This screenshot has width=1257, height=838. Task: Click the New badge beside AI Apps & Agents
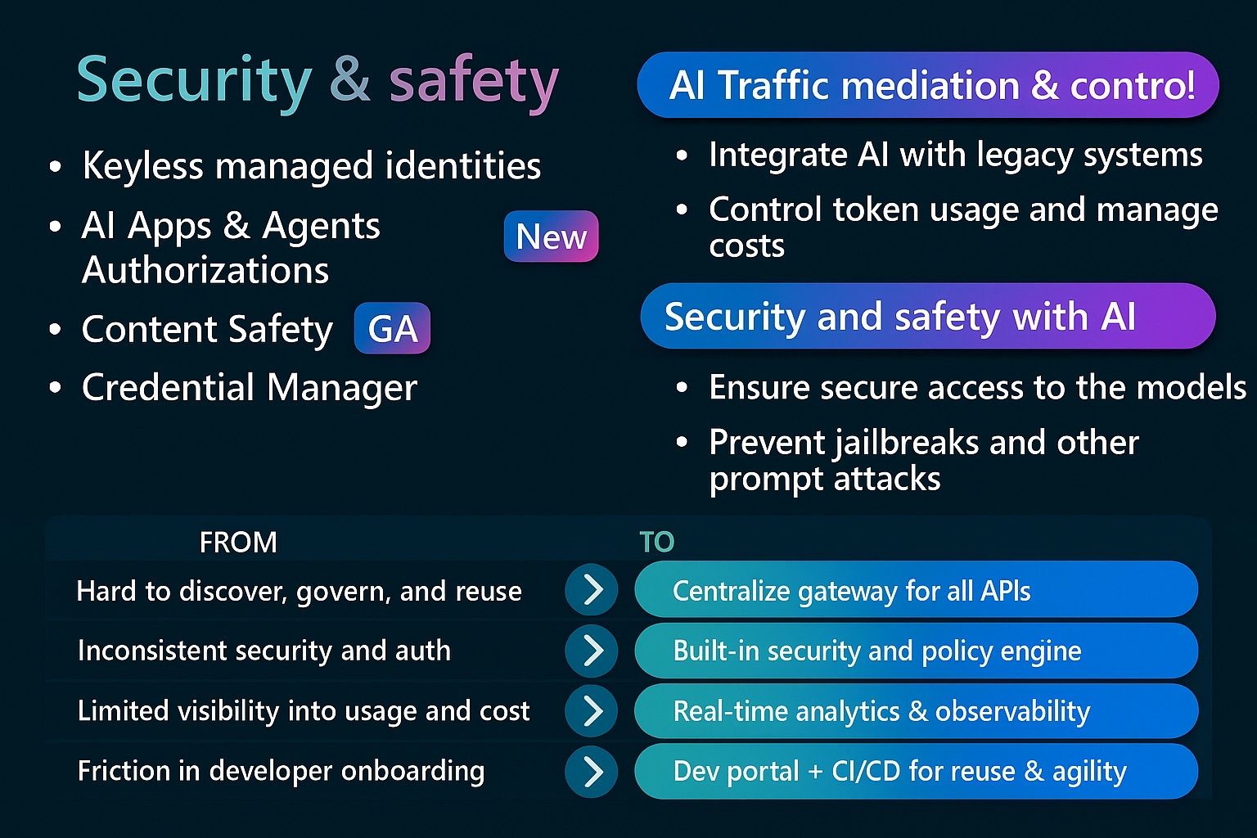(x=551, y=236)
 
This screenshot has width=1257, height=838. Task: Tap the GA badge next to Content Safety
(x=392, y=328)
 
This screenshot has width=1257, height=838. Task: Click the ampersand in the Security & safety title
(x=350, y=79)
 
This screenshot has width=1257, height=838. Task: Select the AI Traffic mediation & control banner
(x=928, y=85)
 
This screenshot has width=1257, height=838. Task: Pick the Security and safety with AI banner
(x=928, y=315)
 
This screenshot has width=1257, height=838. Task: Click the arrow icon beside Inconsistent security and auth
(x=592, y=651)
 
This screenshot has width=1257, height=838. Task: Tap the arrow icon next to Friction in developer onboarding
(x=592, y=771)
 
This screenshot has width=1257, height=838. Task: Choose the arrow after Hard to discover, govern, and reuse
(x=592, y=590)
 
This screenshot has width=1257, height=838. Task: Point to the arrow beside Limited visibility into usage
(x=592, y=711)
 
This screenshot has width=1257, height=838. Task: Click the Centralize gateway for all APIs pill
(x=917, y=589)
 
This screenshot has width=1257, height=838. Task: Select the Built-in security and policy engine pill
(x=917, y=651)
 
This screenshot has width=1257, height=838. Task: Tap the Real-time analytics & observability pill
(x=917, y=710)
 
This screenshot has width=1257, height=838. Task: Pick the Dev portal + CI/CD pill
(x=917, y=771)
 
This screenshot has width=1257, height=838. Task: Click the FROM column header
(x=238, y=543)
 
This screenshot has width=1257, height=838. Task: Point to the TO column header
(x=656, y=543)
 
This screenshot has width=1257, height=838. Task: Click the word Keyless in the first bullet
(x=142, y=165)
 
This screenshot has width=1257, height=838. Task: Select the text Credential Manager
(x=249, y=387)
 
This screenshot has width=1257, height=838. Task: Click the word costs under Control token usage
(x=746, y=246)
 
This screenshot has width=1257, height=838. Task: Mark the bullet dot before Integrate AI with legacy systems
(x=682, y=155)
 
